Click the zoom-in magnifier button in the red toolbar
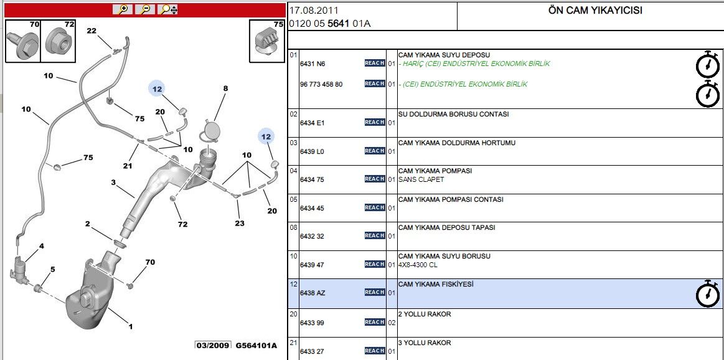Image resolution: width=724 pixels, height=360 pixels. click(123, 9)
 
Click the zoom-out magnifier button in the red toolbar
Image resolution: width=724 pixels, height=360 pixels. click(146, 9)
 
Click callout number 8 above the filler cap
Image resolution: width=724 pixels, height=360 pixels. click(225, 88)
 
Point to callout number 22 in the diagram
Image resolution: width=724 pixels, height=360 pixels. click(92, 31)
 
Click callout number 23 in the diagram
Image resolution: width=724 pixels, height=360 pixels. click(239, 223)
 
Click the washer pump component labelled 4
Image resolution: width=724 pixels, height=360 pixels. click(19, 267)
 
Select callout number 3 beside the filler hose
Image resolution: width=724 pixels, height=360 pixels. click(113, 182)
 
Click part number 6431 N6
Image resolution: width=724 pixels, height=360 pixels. click(313, 64)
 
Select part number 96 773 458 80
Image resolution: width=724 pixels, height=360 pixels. click(321, 84)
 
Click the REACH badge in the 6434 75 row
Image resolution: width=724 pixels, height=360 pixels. click(375, 179)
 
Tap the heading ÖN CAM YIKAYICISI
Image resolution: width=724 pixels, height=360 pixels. click(595, 10)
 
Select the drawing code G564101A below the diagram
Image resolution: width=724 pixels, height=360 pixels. click(256, 346)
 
